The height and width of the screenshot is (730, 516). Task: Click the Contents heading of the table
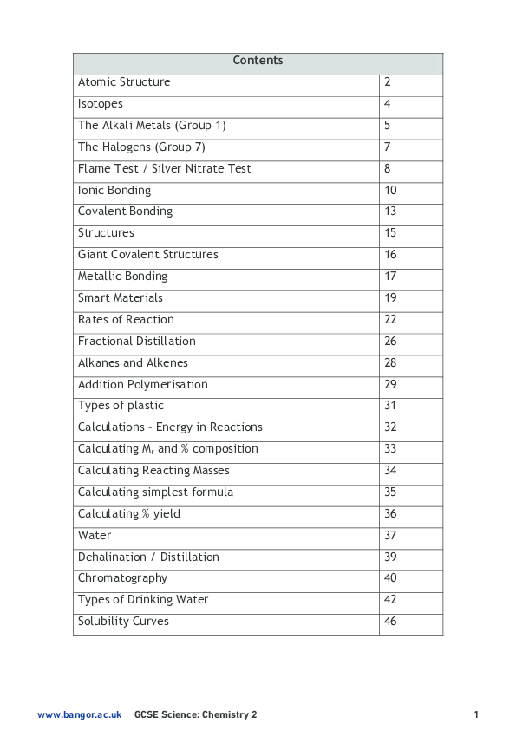click(258, 61)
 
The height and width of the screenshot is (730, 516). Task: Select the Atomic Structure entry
click(124, 82)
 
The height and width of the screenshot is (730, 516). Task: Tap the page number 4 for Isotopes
click(388, 104)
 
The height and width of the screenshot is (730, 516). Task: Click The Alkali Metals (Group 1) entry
click(152, 126)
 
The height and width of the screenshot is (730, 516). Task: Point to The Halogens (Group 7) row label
click(141, 147)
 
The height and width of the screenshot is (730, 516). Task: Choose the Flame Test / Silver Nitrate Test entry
click(165, 169)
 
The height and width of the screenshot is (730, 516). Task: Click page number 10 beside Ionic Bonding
click(390, 191)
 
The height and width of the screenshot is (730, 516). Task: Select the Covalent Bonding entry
click(125, 212)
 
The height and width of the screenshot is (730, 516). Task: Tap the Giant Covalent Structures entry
click(148, 255)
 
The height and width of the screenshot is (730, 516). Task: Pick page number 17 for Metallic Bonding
click(390, 277)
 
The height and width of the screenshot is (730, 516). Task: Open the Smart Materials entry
click(121, 298)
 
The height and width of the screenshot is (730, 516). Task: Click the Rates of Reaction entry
click(126, 320)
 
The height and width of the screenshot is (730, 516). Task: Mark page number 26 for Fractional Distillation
click(390, 342)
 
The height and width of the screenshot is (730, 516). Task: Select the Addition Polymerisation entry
click(143, 385)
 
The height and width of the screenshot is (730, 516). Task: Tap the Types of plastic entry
click(121, 406)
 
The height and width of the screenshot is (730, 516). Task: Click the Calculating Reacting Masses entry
click(153, 471)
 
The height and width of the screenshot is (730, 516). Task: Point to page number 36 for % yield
click(390, 514)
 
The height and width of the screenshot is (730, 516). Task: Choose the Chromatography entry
click(122, 578)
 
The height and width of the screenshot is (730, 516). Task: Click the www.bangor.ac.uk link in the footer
click(80, 715)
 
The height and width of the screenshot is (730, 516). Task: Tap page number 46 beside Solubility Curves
click(390, 622)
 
